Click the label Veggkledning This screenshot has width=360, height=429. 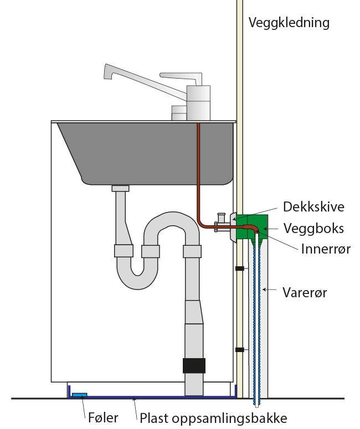(x=289, y=23)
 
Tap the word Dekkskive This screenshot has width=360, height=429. (x=313, y=207)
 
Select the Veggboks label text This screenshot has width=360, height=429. (x=313, y=228)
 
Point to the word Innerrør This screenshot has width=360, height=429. (x=325, y=248)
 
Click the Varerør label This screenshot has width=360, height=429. (x=305, y=292)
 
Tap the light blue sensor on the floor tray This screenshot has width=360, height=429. (x=80, y=394)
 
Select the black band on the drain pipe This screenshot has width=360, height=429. (x=194, y=366)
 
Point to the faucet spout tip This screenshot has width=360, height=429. (x=107, y=72)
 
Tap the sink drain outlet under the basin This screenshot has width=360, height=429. (x=120, y=188)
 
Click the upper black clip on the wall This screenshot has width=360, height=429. (x=240, y=268)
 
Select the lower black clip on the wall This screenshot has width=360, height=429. (x=240, y=349)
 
